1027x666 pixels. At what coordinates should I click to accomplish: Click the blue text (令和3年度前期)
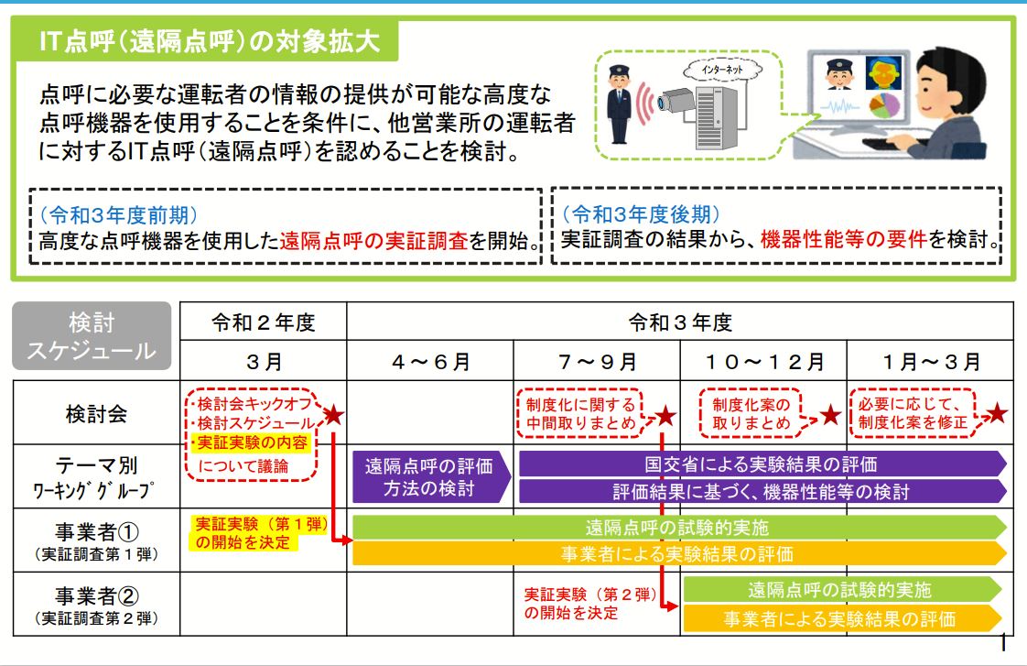click(118, 215)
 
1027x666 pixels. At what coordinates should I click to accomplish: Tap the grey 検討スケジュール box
click(92, 336)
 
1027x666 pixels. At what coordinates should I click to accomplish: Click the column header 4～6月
click(430, 361)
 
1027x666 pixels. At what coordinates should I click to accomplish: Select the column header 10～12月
click(763, 361)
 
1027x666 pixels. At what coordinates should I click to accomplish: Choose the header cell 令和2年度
click(264, 322)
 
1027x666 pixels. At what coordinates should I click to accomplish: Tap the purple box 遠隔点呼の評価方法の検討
click(428, 476)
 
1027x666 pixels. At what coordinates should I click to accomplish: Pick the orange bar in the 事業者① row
click(677, 553)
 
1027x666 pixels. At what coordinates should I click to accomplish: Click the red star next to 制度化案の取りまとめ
click(831, 416)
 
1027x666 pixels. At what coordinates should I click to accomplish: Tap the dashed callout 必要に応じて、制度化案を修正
click(914, 414)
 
